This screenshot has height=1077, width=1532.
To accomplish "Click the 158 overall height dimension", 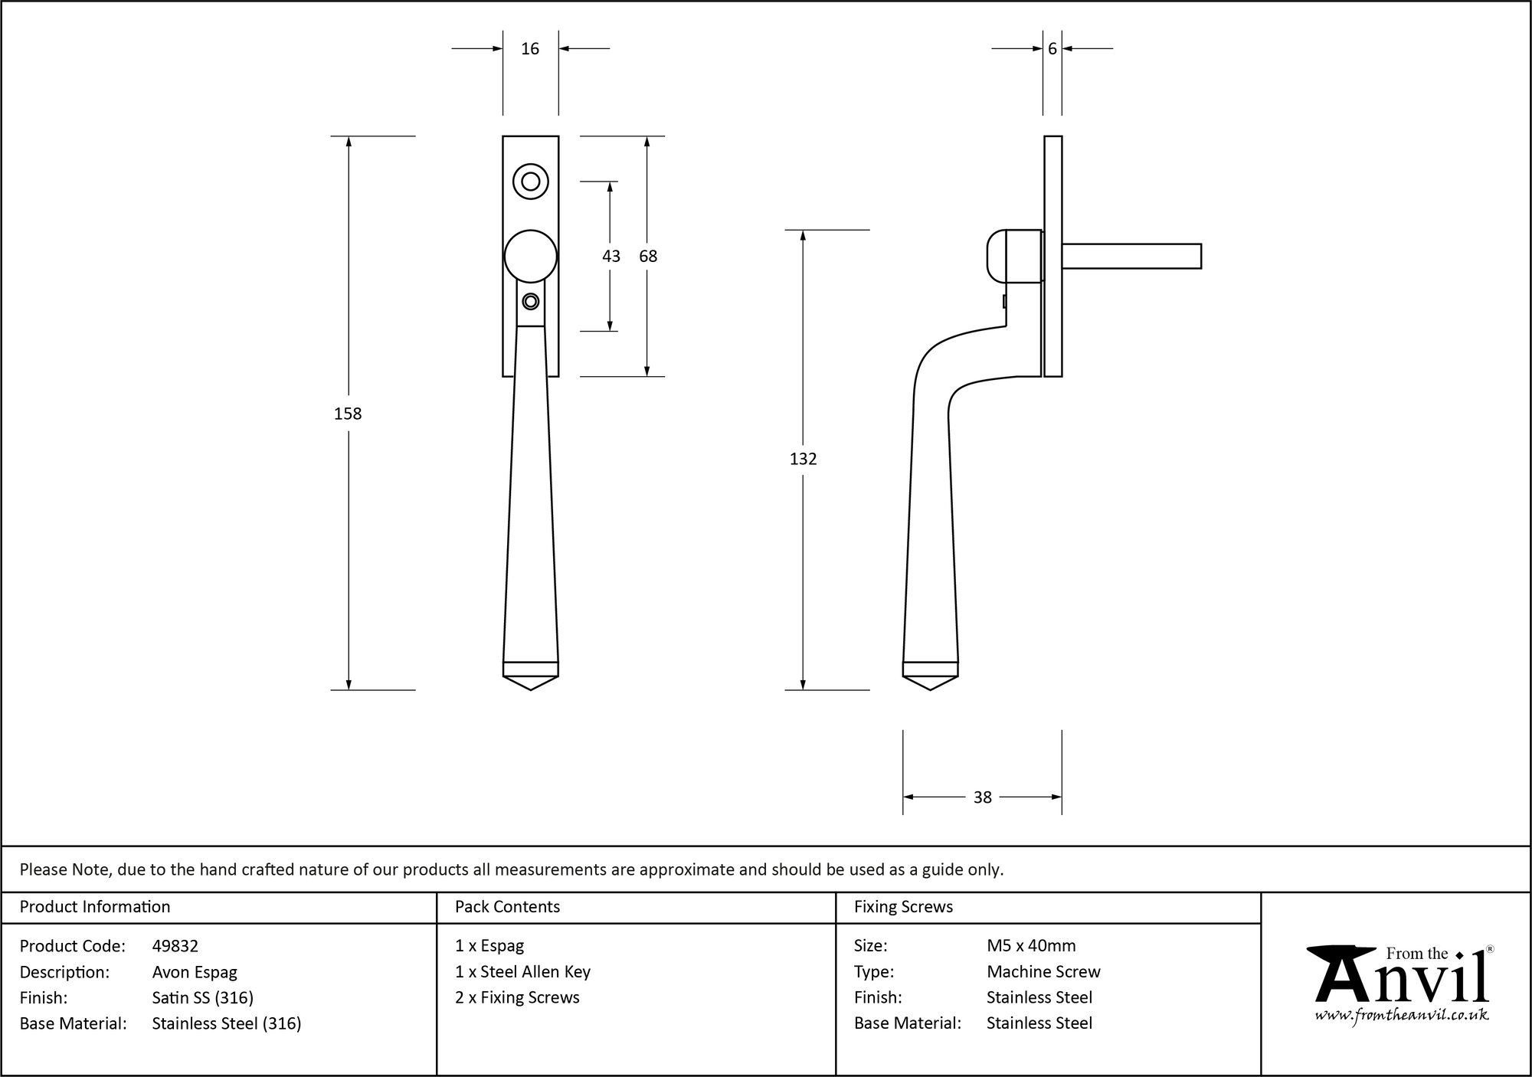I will [348, 414].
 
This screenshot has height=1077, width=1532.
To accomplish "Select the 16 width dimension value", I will [530, 49].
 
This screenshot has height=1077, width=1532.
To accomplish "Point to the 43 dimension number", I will [611, 257].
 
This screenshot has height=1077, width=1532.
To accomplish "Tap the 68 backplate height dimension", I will [648, 257].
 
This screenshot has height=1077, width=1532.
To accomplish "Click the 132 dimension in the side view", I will [803, 459].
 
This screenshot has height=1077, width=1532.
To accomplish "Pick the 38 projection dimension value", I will [982, 797].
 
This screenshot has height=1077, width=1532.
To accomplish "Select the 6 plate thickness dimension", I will [1052, 49].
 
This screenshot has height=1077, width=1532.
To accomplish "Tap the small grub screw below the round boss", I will [530, 302].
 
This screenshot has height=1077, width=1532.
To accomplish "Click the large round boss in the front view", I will [530, 256].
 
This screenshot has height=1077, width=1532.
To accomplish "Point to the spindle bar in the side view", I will [1131, 256].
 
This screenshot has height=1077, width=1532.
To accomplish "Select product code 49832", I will [175, 946].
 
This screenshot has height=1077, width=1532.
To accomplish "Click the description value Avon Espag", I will [195, 972].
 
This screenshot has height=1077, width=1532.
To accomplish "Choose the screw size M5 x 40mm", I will [1031, 946].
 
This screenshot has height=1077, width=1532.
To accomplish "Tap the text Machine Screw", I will [1043, 972].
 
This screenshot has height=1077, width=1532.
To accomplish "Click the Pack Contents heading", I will [507, 907].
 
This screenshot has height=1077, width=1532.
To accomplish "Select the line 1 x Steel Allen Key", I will [522, 972].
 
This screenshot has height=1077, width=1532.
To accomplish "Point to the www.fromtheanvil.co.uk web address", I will [1402, 1015].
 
